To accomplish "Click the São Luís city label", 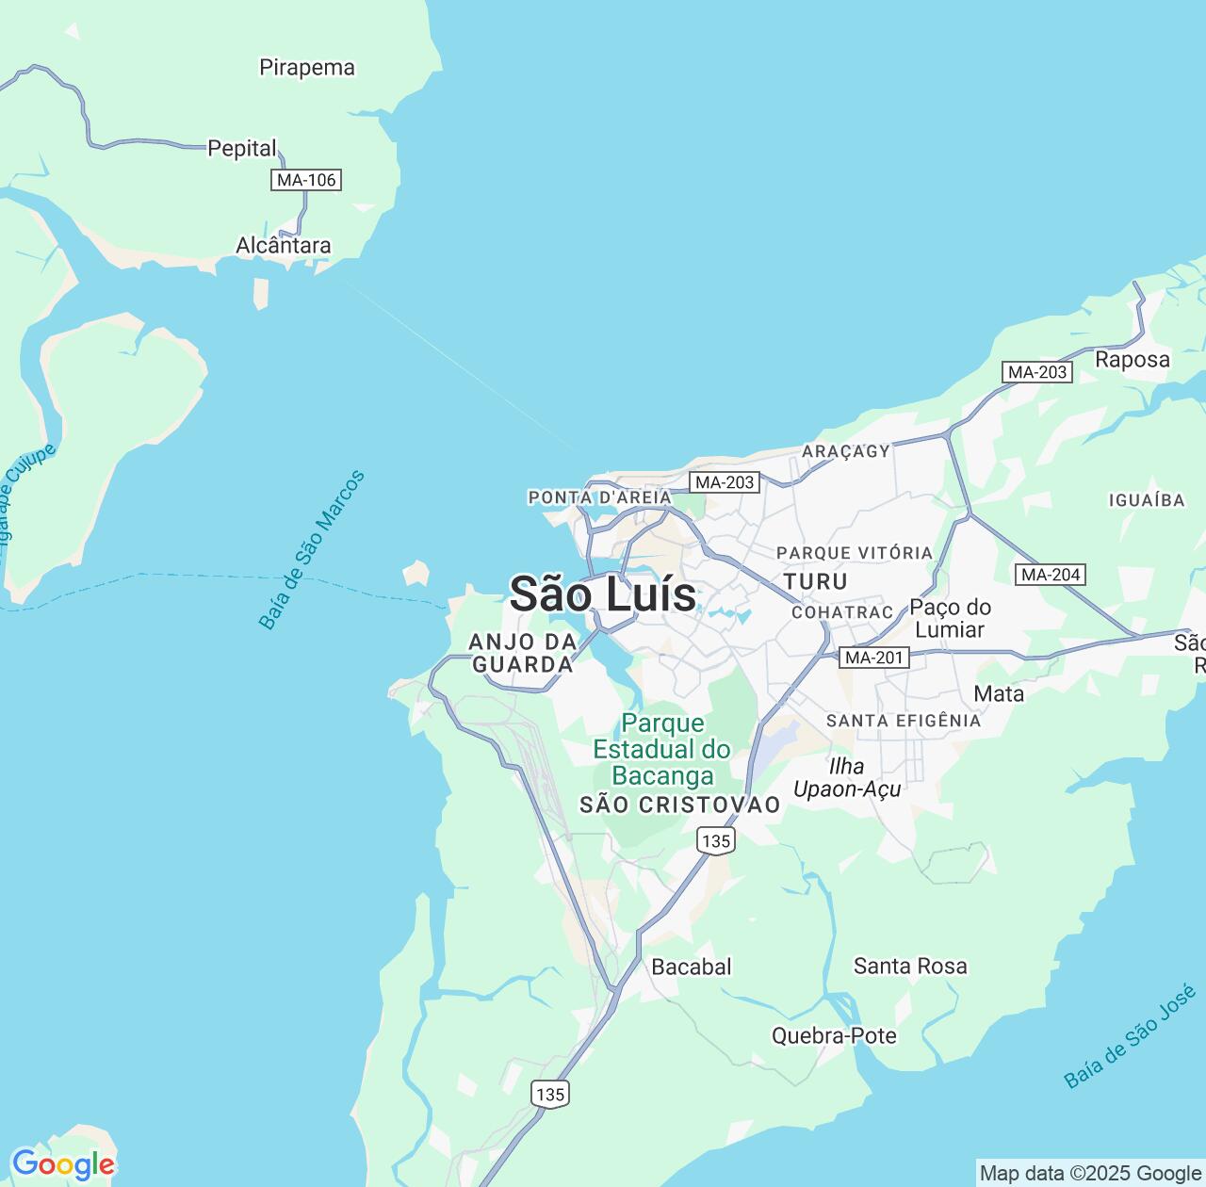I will [x=603, y=594].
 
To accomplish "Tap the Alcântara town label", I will [x=284, y=246].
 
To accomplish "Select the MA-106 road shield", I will [x=306, y=179].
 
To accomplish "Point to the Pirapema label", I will [x=307, y=68].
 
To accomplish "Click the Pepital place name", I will [x=242, y=148].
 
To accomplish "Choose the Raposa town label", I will [x=1132, y=359].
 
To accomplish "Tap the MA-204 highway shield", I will [x=1051, y=574].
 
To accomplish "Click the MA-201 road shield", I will [x=874, y=658].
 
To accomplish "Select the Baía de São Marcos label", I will [x=311, y=550].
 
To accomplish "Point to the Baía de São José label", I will [x=1130, y=1036].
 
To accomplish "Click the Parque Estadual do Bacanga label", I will [x=662, y=749].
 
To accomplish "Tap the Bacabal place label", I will [x=692, y=967].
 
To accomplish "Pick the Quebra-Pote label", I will [x=834, y=1035].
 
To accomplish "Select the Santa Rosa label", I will [x=910, y=966].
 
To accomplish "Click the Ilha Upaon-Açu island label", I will [x=847, y=777].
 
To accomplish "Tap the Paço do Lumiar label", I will [x=950, y=618].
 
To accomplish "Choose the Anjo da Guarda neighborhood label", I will [x=523, y=653].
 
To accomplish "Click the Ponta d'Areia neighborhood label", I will [x=600, y=496].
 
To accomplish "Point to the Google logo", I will [x=62, y=1164].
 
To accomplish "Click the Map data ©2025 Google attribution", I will [x=1090, y=1173].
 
